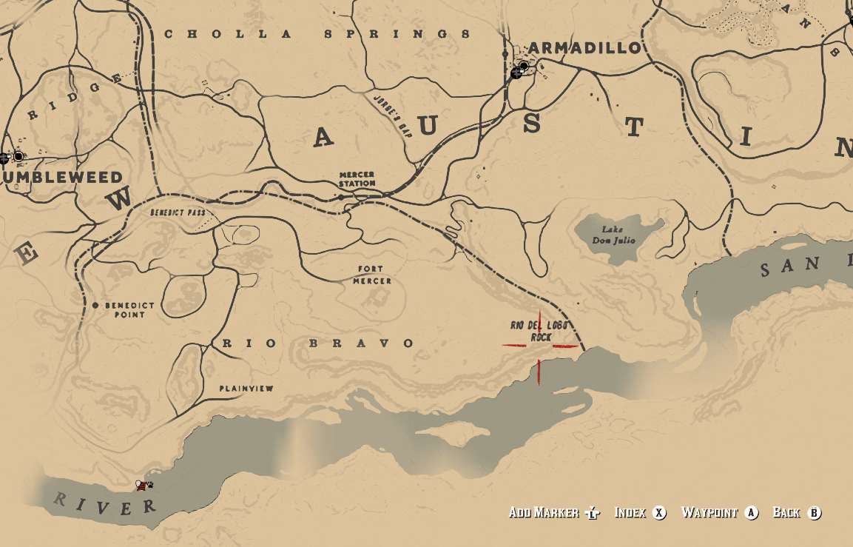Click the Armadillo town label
pyautogui.click(x=585, y=48)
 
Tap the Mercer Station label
pyautogui.click(x=357, y=179)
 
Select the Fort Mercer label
pyautogui.click(x=372, y=275)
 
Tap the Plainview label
pyautogui.click(x=246, y=389)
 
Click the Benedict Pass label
pyautogui.click(x=178, y=212)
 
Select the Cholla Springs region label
pyautogui.click(x=317, y=34)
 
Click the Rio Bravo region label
pyautogui.click(x=318, y=343)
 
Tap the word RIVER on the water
pyautogui.click(x=106, y=504)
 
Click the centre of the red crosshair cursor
pyautogui.click(x=540, y=346)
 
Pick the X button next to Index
pyautogui.click(x=659, y=512)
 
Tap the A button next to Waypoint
pyautogui.click(x=752, y=512)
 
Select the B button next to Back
pyautogui.click(x=815, y=512)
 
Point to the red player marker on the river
pyautogui.click(x=141, y=486)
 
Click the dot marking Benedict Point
pyautogui.click(x=95, y=305)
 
